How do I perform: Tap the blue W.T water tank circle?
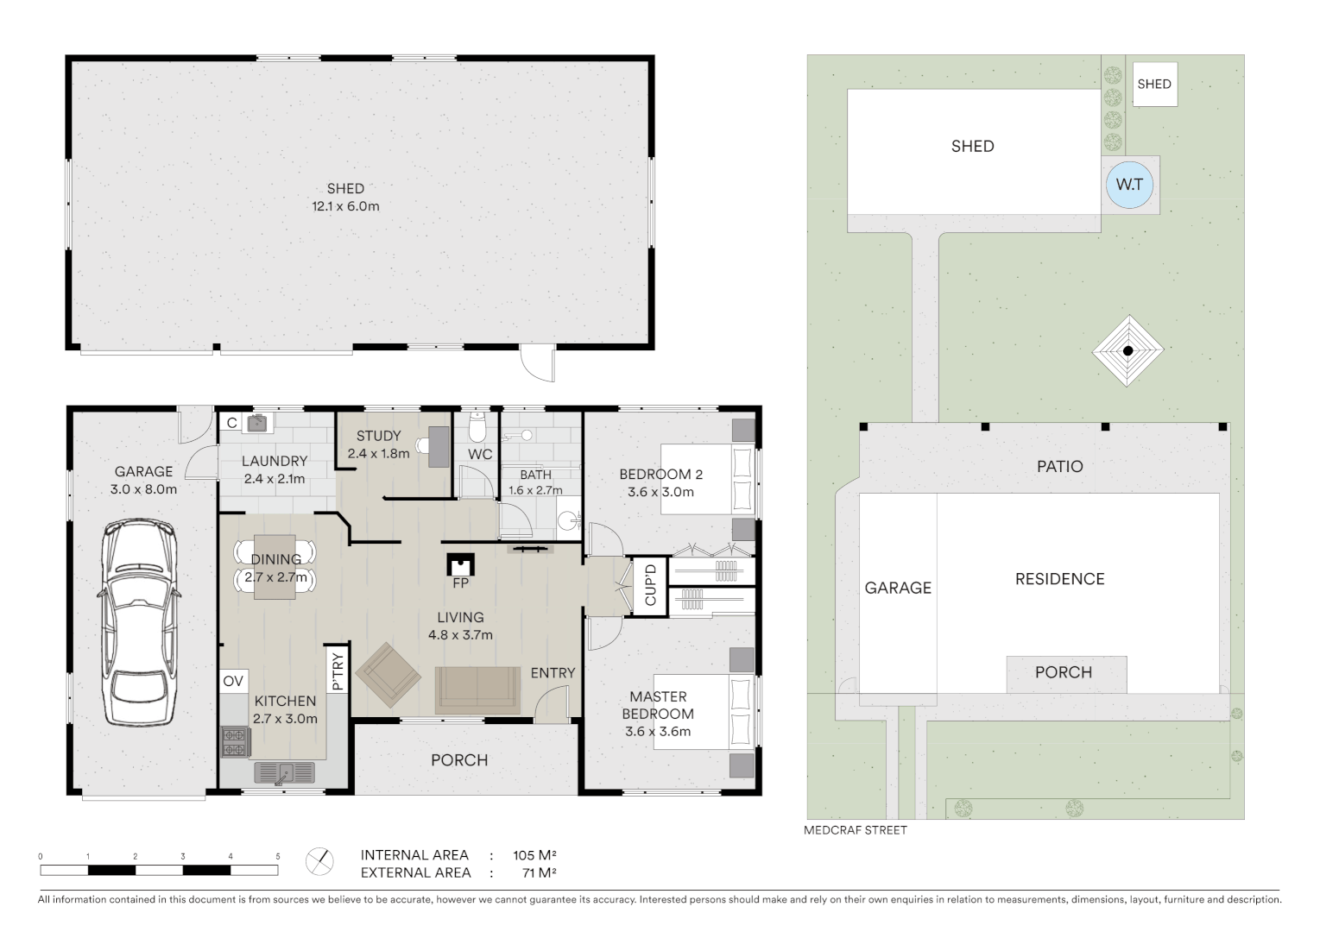(x=1129, y=185)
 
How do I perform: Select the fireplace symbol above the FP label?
(x=461, y=564)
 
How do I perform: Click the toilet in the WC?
(x=478, y=426)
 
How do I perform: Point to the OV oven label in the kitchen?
(x=233, y=681)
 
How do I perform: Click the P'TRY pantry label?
(x=338, y=671)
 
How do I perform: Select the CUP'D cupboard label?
(x=651, y=585)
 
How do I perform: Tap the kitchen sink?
(x=284, y=772)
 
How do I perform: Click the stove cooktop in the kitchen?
(x=235, y=742)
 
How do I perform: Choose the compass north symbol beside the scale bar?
(x=319, y=861)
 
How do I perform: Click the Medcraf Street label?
(x=855, y=830)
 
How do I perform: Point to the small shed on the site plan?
(x=1154, y=84)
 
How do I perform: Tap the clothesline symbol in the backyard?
(x=1127, y=350)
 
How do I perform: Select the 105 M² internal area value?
(x=534, y=855)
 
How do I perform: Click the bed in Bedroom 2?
(x=708, y=479)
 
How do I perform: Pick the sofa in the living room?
(x=477, y=690)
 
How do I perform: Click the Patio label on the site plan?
(x=1059, y=466)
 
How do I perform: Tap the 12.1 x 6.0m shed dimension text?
(x=345, y=206)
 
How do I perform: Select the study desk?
(x=438, y=446)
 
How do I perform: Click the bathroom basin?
(x=567, y=520)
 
